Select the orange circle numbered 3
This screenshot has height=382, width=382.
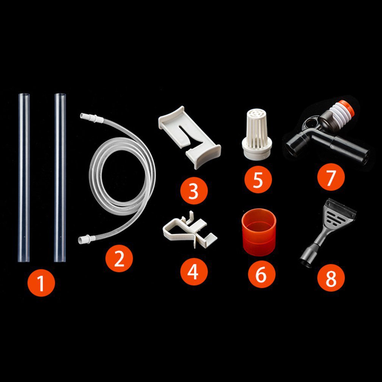coord(194,191)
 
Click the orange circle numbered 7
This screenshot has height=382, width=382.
coord(331,178)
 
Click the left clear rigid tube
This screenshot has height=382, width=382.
coord(23,178)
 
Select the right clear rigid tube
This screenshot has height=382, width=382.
coord(60,178)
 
